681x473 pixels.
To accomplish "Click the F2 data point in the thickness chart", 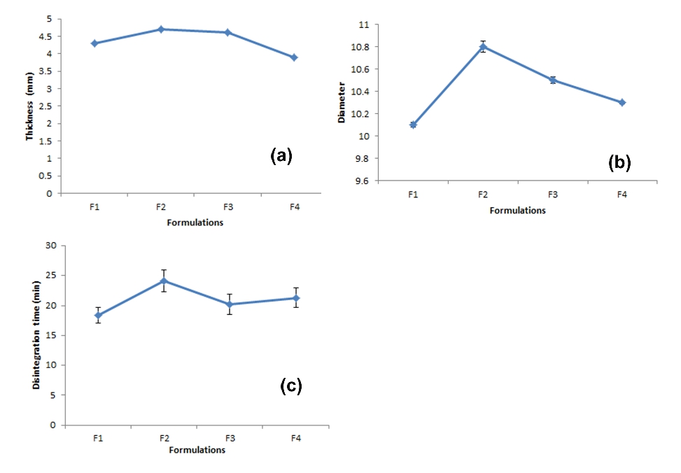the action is point(161,29).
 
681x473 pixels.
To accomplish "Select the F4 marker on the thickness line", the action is point(294,57).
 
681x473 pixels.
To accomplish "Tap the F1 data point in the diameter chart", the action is point(413,125).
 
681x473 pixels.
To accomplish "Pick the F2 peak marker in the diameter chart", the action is point(483,47).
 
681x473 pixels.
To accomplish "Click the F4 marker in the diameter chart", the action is point(622,102).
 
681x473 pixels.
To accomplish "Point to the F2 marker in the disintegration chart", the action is point(164,281).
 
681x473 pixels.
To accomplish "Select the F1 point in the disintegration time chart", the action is point(98,315).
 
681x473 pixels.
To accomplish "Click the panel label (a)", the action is point(281,155).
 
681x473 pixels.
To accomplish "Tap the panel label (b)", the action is point(619,162).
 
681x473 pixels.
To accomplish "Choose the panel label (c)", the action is point(291,386).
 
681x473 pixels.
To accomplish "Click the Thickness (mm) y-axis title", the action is point(29,106).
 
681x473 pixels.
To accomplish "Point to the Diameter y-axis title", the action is point(342,102).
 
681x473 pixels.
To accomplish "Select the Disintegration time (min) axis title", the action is point(36,335).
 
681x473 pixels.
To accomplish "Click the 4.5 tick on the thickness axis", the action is point(45,36).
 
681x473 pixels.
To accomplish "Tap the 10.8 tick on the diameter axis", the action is point(360,47).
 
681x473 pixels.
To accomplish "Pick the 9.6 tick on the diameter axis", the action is point(363,181).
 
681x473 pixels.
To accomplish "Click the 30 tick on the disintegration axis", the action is point(51,246).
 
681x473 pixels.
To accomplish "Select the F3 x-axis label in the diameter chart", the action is point(552,195).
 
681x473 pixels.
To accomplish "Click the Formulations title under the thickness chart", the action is point(195,223).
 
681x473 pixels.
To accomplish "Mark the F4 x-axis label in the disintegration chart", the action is point(296,438).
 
